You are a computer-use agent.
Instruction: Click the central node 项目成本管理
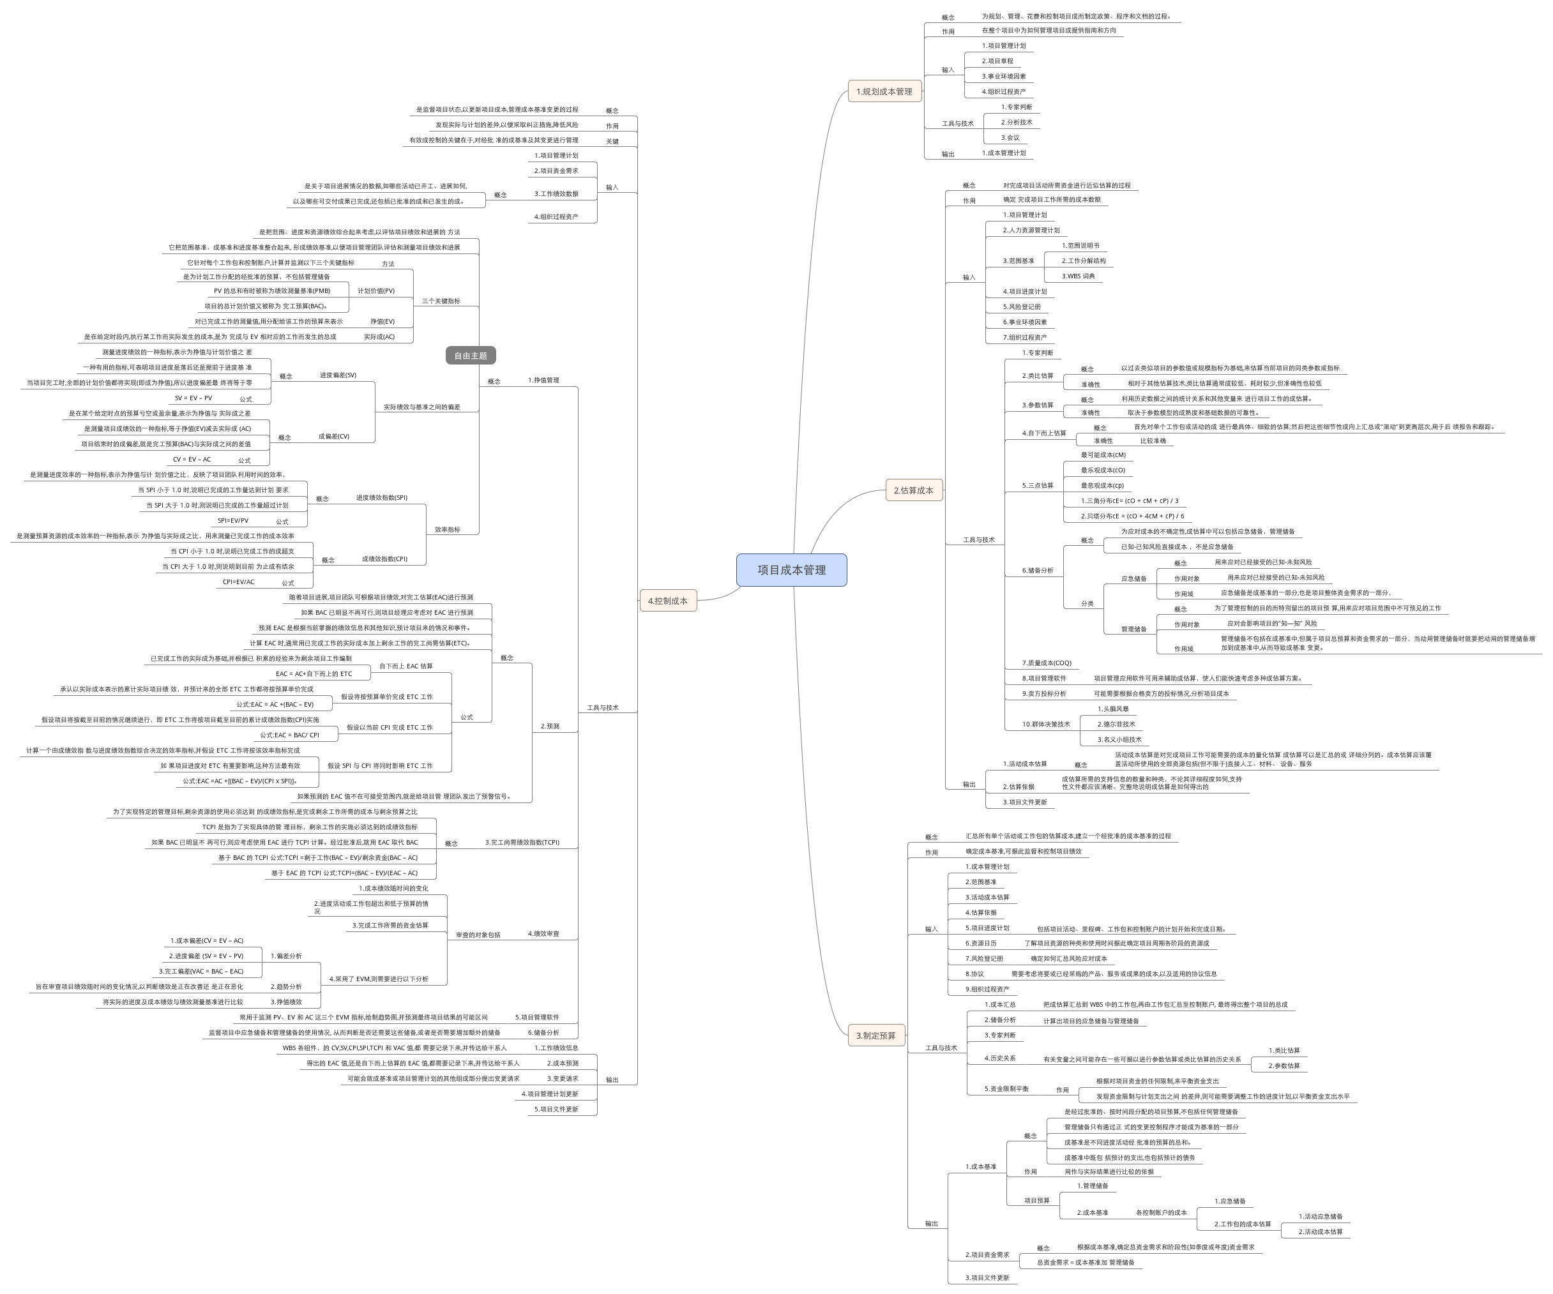[791, 570]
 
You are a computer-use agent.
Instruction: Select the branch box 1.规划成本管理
[884, 92]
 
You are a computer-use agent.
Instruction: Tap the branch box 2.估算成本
[913, 490]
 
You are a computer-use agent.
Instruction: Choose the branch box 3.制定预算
[875, 1035]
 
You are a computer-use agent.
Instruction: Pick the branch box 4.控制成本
[668, 601]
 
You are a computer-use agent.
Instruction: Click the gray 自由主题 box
[471, 356]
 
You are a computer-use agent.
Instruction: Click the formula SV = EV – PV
[193, 398]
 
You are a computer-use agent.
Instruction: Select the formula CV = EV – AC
[192, 460]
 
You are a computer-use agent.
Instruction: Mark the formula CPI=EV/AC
[238, 583]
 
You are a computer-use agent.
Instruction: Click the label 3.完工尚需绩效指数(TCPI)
[522, 843]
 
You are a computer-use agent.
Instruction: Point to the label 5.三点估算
[1038, 486]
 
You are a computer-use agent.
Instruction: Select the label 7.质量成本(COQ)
[1047, 663]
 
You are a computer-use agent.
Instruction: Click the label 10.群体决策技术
[1046, 725]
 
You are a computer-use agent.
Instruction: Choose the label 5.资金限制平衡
[1006, 1089]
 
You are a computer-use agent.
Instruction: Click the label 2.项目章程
[997, 61]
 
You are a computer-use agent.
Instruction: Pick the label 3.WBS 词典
[1079, 276]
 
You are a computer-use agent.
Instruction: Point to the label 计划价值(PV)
[375, 291]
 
